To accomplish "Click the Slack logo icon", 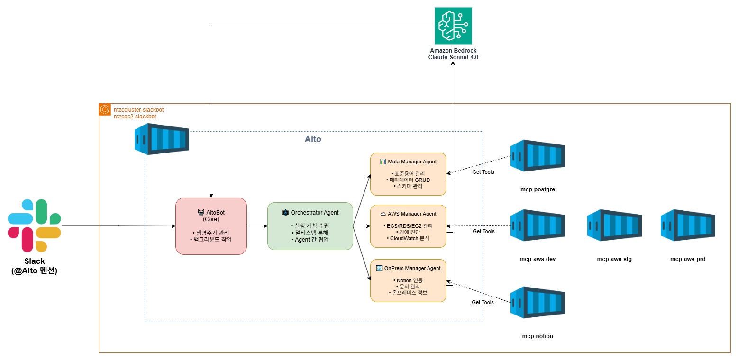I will (34, 225).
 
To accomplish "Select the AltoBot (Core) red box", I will (211, 226).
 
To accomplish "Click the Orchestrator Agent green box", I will (310, 226).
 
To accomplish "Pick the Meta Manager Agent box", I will (408, 174).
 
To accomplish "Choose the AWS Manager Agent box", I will (408, 226).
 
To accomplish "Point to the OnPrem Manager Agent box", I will (408, 280).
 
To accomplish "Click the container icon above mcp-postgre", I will (538, 155).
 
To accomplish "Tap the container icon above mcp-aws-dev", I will (538, 225).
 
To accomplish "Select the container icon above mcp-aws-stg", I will (614, 225).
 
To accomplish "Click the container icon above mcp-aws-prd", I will (688, 225).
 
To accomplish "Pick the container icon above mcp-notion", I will (538, 302).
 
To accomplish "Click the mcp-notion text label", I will (538, 336).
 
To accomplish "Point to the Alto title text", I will (313, 140).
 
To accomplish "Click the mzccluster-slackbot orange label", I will (138, 109).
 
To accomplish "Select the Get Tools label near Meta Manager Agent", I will (483, 172).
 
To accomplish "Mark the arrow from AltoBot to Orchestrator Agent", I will (257, 226).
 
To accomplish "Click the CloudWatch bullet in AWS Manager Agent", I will (408, 238).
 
